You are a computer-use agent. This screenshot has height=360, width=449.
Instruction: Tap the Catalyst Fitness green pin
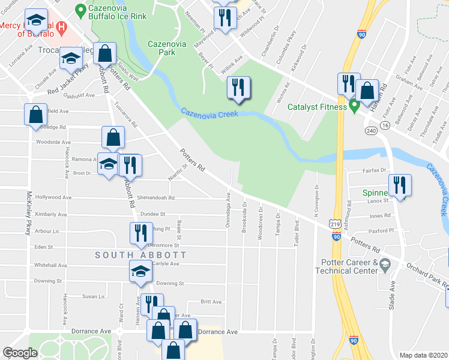pyautogui.click(x=355, y=107)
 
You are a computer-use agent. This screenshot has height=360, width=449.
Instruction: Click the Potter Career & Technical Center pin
pyautogui.click(x=387, y=263)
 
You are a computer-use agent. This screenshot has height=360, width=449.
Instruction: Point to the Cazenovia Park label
pyautogui.click(x=167, y=48)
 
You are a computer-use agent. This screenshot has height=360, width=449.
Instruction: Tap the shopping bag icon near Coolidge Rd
pyautogui.click(x=35, y=114)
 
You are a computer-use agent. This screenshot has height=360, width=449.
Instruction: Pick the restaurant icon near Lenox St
pyautogui.click(x=399, y=185)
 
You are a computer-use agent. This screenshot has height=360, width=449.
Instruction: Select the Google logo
pyautogui.click(x=20, y=353)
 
